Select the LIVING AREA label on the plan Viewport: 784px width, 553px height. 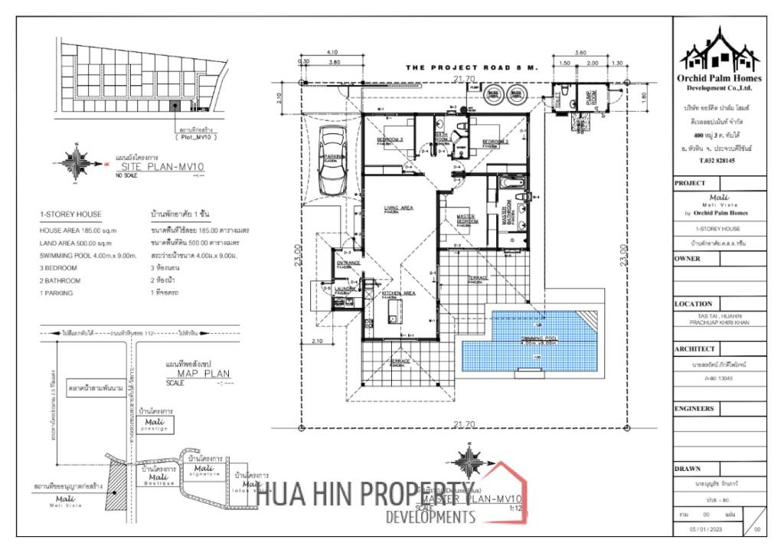(x=399, y=208)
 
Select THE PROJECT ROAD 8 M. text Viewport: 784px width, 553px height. (x=472, y=68)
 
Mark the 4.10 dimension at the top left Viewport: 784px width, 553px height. (x=332, y=52)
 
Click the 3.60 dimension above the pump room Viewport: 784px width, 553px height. (x=580, y=52)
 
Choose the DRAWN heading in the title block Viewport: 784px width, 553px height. (x=688, y=468)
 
